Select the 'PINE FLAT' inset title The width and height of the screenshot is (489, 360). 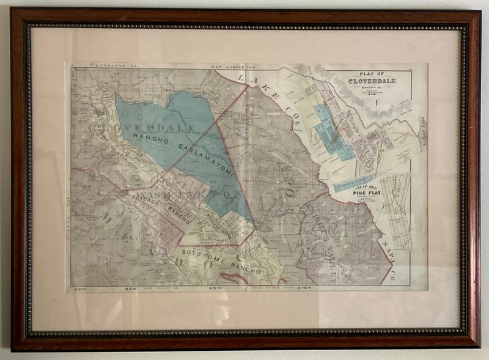(x=367, y=193)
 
